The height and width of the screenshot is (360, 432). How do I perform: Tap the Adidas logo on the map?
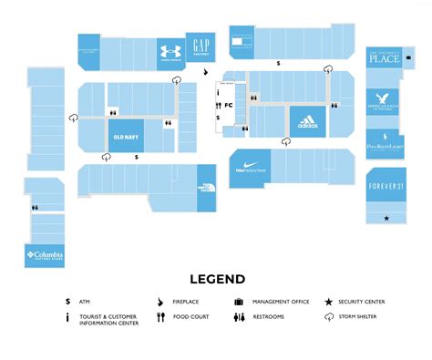(x=307, y=121)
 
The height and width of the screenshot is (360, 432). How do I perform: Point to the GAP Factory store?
(x=201, y=45)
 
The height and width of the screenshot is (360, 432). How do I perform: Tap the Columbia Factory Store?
(x=43, y=254)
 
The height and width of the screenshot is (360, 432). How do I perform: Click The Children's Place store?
(x=385, y=60)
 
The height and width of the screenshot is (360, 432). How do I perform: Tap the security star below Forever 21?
(x=386, y=219)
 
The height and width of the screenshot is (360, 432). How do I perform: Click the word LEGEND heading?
(x=217, y=279)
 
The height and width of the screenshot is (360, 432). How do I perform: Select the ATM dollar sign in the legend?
(x=68, y=302)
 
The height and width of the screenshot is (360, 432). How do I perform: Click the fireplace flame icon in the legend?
(x=160, y=302)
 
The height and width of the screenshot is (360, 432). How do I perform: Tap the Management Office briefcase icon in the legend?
(x=238, y=302)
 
